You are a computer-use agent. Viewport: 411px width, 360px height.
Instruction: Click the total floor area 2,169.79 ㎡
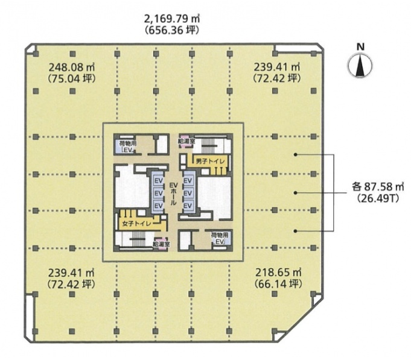172,19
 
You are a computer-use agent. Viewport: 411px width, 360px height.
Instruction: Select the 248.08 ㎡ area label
72,68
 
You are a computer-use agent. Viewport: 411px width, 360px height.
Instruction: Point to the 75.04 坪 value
72,78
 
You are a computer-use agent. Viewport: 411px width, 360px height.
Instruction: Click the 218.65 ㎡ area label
278,273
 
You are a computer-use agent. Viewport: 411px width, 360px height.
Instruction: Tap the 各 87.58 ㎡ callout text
378,187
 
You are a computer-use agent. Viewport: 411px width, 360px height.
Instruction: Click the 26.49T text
378,199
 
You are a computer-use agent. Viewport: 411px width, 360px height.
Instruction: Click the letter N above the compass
361,47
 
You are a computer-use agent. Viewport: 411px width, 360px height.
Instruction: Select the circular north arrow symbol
360,66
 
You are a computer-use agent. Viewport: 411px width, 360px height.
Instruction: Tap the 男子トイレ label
211,162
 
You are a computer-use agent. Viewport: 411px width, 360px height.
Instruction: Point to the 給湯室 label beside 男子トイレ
186,141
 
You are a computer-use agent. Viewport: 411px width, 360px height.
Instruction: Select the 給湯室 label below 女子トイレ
162,244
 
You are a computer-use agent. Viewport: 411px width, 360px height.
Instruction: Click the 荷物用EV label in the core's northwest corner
126,147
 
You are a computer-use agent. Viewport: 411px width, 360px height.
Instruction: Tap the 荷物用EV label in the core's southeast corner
220,238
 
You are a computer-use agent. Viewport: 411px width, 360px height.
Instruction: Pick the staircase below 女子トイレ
138,239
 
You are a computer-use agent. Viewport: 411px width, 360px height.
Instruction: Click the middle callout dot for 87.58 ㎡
295,193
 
